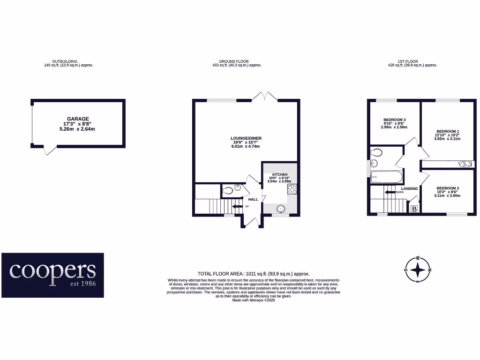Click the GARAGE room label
(77, 119)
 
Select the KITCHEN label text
(279, 174)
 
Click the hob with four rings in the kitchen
(292, 189)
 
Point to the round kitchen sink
(281, 209)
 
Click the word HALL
(253, 199)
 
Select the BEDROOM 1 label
(448, 131)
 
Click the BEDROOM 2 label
(447, 188)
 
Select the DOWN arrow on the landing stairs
(389, 192)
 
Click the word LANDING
(409, 188)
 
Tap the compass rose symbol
(417, 270)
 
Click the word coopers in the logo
(52, 270)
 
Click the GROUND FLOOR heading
(234, 61)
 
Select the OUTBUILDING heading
(65, 61)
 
